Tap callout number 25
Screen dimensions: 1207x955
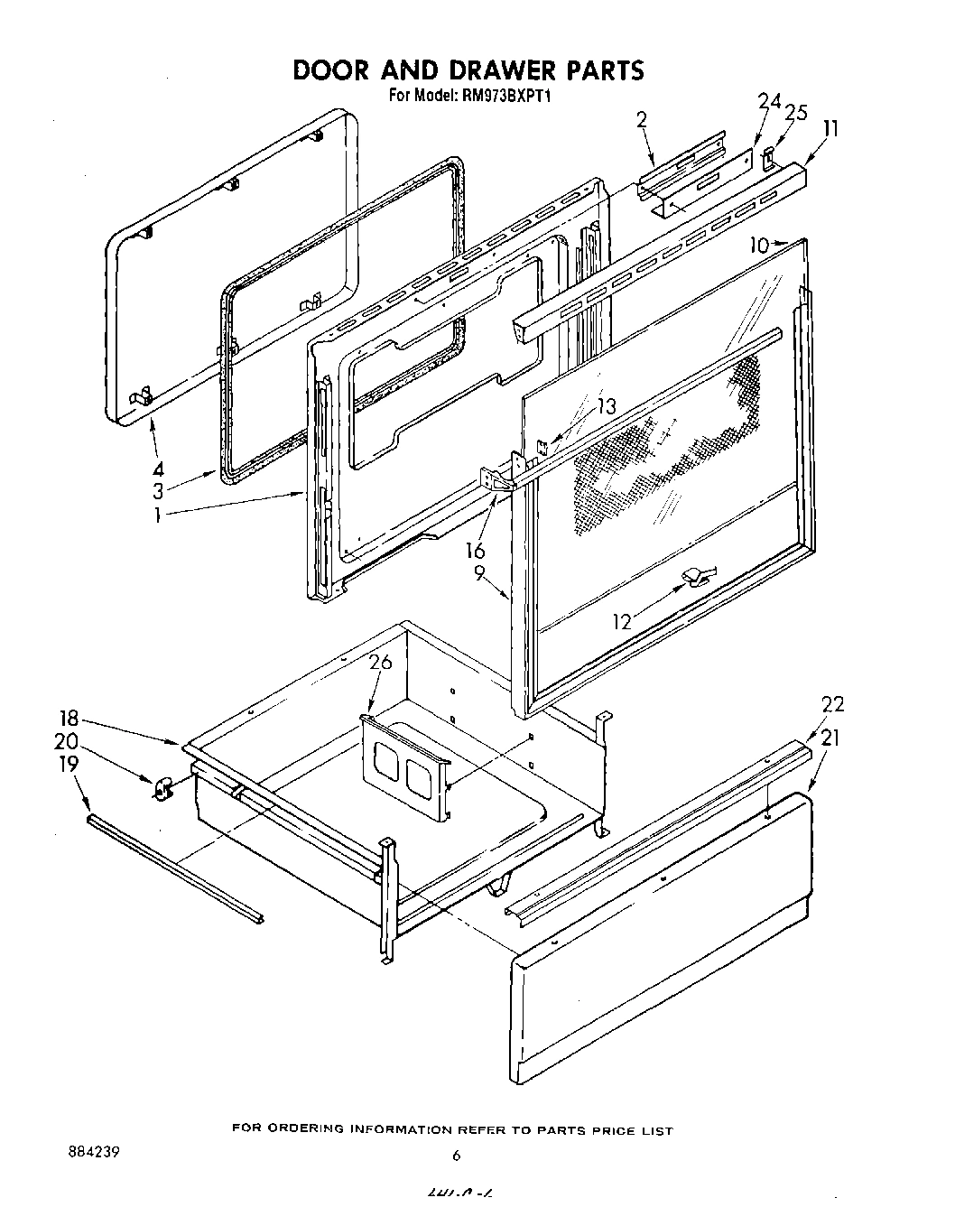(x=795, y=113)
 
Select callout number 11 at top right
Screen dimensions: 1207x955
(x=830, y=128)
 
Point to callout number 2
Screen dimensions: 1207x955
(x=642, y=118)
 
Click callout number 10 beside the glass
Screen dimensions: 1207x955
(x=758, y=245)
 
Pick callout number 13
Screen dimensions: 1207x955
(x=606, y=407)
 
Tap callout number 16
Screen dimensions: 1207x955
(x=475, y=551)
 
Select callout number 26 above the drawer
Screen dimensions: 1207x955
(x=380, y=663)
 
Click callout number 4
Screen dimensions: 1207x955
(x=158, y=469)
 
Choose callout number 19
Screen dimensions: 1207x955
(x=68, y=764)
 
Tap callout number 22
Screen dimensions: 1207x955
(x=832, y=704)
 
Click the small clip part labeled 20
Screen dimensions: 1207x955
(x=162, y=791)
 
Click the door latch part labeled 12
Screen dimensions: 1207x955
(x=697, y=576)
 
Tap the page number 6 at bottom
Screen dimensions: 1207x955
(x=457, y=1155)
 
